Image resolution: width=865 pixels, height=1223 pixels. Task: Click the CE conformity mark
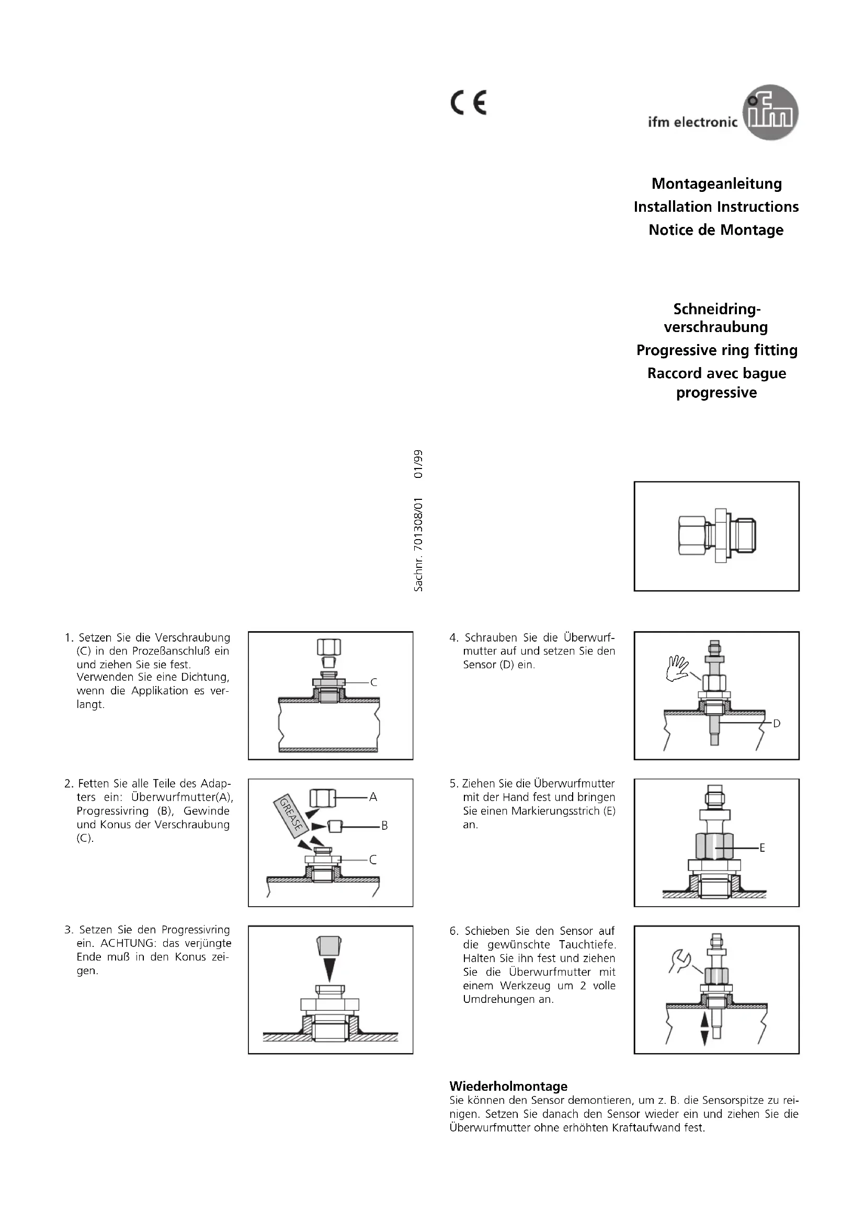click(x=468, y=104)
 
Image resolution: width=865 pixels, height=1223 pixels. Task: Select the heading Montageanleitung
click(x=716, y=184)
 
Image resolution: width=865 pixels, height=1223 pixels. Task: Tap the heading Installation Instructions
click(x=716, y=207)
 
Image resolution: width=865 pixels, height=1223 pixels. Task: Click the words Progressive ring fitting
click(x=716, y=350)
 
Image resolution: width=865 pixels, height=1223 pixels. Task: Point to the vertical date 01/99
click(x=419, y=464)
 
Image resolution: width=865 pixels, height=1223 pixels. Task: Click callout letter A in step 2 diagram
click(x=373, y=797)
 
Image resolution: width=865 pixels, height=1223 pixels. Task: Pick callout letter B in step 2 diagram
click(x=384, y=826)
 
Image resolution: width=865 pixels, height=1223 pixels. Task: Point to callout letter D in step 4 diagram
click(x=777, y=723)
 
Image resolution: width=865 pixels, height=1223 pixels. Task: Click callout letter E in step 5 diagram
click(x=761, y=848)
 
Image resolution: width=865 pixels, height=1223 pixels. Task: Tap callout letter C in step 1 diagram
click(x=373, y=682)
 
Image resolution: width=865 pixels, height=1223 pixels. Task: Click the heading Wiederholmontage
click(x=508, y=1086)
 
